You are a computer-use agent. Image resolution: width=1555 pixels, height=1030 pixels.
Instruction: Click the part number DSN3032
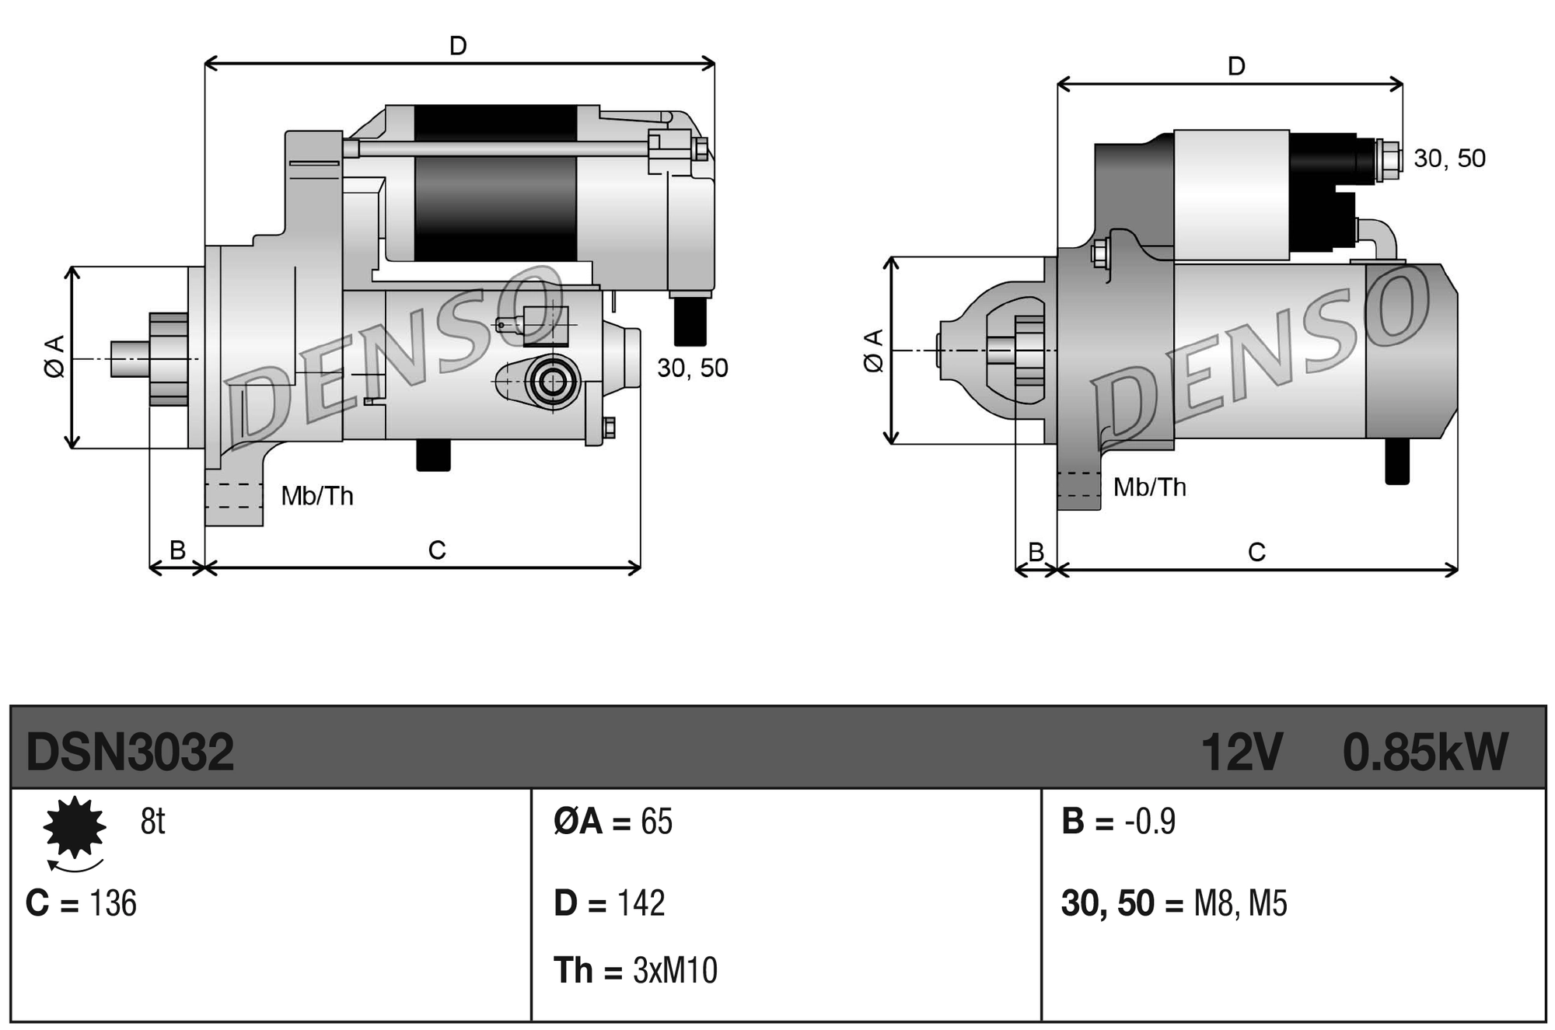click(x=130, y=752)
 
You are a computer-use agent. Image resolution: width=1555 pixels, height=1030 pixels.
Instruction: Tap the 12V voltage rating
click(x=1241, y=752)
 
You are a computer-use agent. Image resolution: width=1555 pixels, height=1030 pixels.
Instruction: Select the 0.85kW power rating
click(x=1424, y=752)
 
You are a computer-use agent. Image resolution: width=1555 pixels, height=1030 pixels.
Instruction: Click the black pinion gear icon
click(x=75, y=826)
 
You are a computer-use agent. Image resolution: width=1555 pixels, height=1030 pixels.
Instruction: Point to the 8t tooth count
click(x=152, y=821)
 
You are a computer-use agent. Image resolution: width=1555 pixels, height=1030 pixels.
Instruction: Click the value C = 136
click(x=81, y=903)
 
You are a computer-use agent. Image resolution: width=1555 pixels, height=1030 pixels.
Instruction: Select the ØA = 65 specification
click(x=613, y=822)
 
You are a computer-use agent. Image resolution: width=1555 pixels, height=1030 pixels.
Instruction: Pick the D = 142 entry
click(x=609, y=903)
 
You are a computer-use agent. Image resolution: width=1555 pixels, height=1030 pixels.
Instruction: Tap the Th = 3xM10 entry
click(x=634, y=970)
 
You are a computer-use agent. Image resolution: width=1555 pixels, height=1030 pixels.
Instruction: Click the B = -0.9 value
click(x=1118, y=822)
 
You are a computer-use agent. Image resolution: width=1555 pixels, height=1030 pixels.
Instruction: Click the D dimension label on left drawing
click(x=458, y=46)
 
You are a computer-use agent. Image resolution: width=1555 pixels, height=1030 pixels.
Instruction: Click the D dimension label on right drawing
click(x=1235, y=66)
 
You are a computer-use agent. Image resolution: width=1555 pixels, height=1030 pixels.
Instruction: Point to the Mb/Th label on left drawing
click(x=317, y=495)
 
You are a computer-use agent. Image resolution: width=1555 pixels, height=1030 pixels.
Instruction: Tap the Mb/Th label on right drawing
click(x=1149, y=487)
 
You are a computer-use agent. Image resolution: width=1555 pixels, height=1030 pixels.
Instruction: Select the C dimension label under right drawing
click(x=1256, y=552)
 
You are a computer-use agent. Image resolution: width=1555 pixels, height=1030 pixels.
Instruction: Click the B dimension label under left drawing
click(x=177, y=550)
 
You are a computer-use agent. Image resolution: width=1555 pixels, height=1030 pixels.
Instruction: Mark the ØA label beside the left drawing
click(x=54, y=357)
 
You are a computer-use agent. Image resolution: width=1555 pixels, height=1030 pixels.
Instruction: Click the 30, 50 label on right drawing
click(x=1449, y=159)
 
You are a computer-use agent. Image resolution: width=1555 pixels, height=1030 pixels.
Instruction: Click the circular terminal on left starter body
click(x=553, y=382)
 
